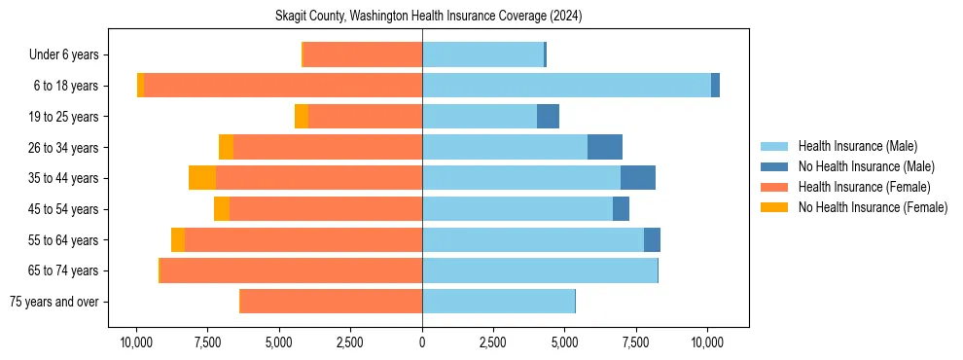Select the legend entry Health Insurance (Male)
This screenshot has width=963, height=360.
click(857, 146)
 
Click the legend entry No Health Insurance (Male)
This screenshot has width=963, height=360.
click(866, 166)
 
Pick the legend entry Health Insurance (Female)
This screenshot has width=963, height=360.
click(864, 187)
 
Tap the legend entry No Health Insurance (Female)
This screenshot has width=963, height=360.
click(873, 207)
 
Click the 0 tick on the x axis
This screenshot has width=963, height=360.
click(422, 342)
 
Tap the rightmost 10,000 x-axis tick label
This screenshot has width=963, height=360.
click(707, 342)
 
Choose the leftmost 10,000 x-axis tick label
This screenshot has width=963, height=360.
click(136, 342)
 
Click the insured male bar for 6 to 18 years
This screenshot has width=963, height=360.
click(566, 86)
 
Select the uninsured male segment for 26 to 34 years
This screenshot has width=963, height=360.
click(605, 147)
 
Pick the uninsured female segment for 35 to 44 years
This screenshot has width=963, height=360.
click(202, 178)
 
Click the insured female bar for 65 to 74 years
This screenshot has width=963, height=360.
click(291, 270)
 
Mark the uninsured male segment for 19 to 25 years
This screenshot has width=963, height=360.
click(548, 117)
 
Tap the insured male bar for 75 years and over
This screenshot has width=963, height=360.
click(498, 302)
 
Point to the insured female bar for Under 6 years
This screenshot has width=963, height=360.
click(363, 55)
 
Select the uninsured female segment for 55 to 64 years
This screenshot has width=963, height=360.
click(178, 239)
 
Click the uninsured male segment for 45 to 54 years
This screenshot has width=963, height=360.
click(621, 209)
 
